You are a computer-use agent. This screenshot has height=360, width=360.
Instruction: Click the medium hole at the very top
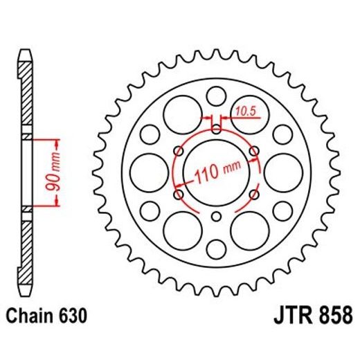[x=217, y=95]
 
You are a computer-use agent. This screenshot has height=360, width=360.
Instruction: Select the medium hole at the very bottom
[x=217, y=246]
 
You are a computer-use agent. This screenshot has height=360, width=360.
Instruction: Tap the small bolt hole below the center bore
[x=217, y=216]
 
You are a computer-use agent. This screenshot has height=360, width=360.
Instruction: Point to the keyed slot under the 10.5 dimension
[x=217, y=129]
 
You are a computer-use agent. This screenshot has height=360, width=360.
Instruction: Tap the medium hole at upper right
[x=282, y=132]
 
